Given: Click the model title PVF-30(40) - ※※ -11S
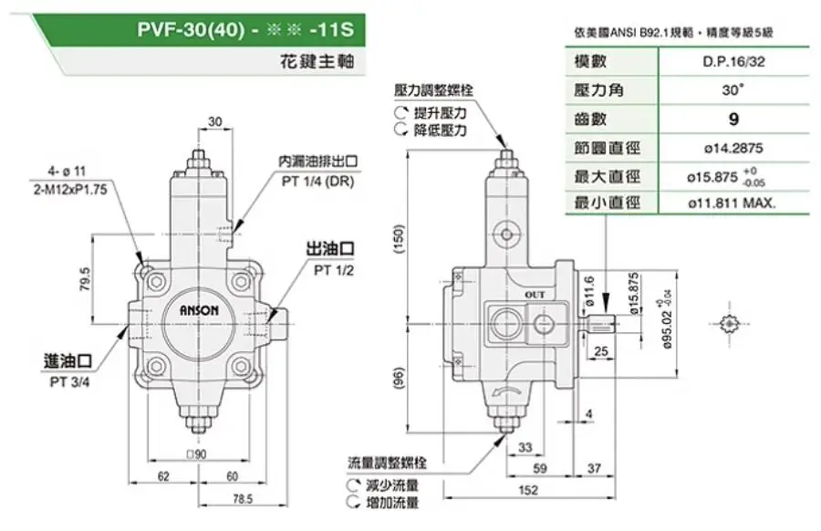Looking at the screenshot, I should [x=245, y=29].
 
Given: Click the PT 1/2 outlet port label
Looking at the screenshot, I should [x=334, y=270].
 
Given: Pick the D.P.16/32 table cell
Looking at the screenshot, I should [x=733, y=62].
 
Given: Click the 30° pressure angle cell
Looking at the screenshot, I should [x=733, y=90].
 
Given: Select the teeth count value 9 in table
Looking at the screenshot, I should [x=733, y=119].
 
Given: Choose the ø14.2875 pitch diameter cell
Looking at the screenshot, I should [x=733, y=147].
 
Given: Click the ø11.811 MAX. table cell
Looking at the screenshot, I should [x=733, y=203].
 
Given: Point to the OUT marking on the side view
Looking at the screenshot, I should [x=535, y=295].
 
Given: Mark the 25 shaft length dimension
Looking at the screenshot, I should [x=600, y=351].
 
